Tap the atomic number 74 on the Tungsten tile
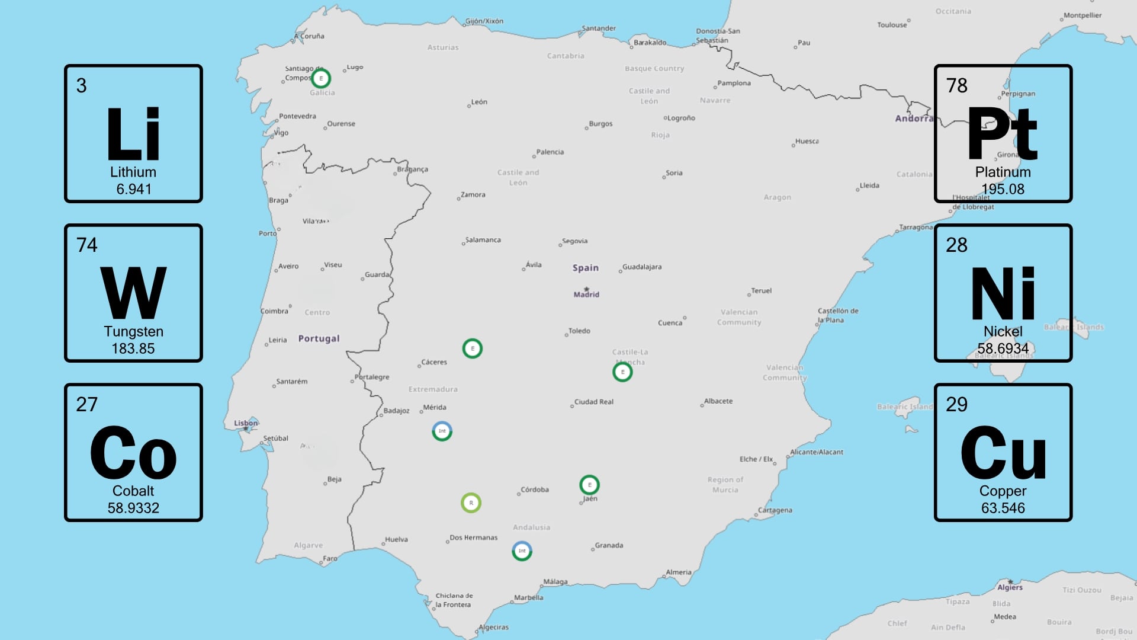(86, 245)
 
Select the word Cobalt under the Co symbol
(133, 491)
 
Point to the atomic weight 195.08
(1003, 189)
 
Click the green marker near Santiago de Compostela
(321, 78)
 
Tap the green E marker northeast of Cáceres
(472, 348)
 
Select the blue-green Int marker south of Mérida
(442, 431)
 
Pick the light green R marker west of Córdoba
(471, 503)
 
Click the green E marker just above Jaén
(589, 485)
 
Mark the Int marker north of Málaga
(522, 551)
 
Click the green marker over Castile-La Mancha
(622, 372)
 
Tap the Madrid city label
(586, 295)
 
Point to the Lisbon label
(246, 423)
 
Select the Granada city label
(609, 545)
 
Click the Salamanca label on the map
(483, 240)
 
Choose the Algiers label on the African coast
(1010, 587)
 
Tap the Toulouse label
(892, 25)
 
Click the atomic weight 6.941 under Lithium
(134, 189)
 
